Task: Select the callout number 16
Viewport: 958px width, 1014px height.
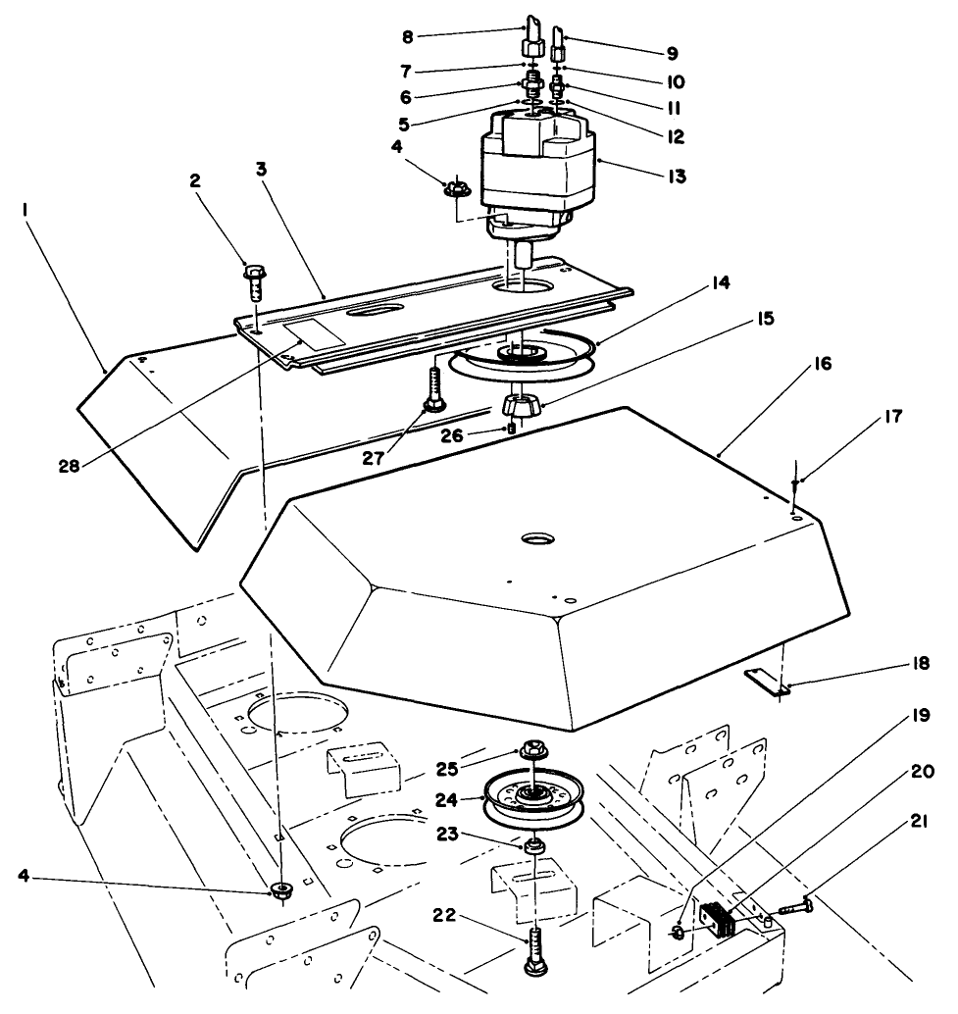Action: tap(821, 364)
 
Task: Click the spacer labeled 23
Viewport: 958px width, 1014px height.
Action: tap(535, 844)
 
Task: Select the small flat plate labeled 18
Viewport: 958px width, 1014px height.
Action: tap(766, 680)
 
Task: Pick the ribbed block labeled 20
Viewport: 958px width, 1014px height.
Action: tap(719, 920)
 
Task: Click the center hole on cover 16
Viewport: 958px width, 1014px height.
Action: tap(536, 539)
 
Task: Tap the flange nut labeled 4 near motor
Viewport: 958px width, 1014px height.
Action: tap(455, 186)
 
